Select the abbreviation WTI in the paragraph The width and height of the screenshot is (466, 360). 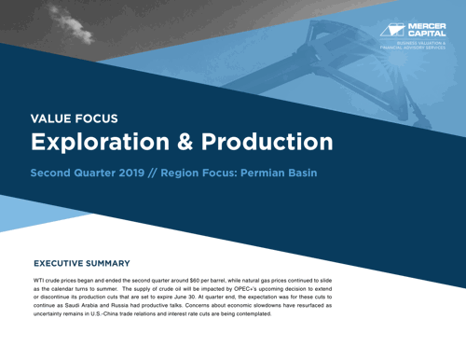click(x=40, y=280)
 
